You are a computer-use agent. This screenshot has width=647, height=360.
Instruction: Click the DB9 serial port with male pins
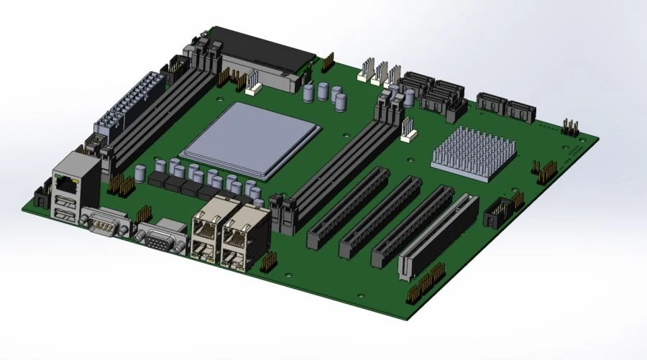pyautogui.click(x=105, y=223)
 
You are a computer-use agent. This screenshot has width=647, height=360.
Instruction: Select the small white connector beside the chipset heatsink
pyautogui.click(x=408, y=129)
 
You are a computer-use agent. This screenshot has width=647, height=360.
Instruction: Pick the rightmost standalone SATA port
pyautogui.click(x=520, y=111)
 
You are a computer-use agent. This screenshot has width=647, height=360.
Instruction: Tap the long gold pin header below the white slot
pyautogui.click(x=427, y=285)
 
